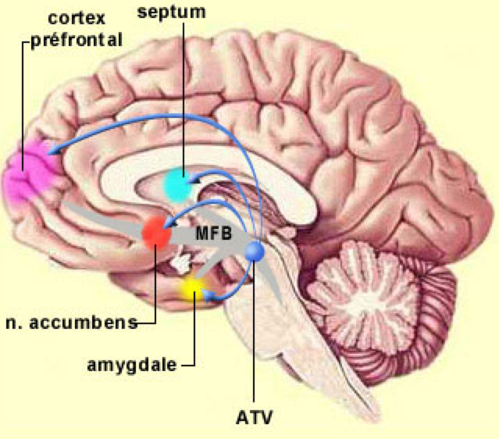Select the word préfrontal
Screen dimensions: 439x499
pyautogui.click(x=77, y=39)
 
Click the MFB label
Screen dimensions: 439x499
pyautogui.click(x=208, y=232)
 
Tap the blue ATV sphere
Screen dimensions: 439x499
pyautogui.click(x=255, y=252)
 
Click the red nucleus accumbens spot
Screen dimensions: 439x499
pyautogui.click(x=155, y=232)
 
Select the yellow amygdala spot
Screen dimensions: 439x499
pyautogui.click(x=191, y=290)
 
